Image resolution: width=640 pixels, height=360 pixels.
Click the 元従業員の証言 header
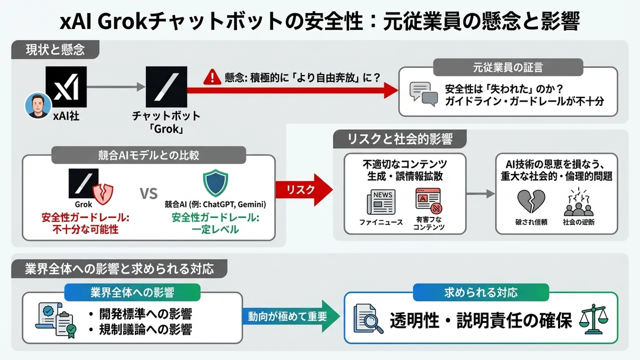click(507, 67)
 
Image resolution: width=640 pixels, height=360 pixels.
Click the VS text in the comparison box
click(148, 193)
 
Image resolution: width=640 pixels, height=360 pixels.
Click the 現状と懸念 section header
click(55, 49)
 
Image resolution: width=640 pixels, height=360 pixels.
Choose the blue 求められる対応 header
click(480, 292)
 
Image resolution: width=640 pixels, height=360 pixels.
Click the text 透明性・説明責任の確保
click(480, 320)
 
